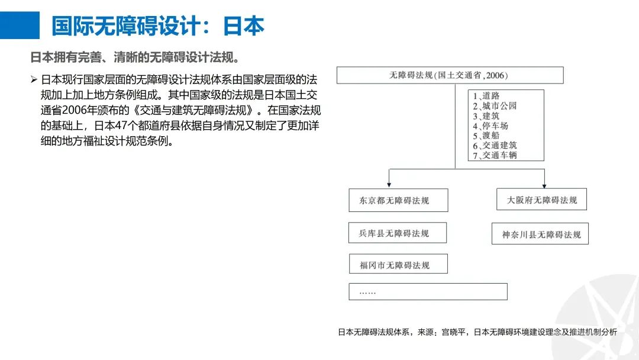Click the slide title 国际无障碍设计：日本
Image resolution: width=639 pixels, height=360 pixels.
[x=158, y=26]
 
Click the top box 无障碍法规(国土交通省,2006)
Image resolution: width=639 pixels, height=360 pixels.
[x=450, y=75]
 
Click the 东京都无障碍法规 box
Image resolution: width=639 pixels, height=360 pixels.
[x=398, y=201]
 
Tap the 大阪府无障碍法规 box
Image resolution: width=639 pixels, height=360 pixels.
[x=541, y=200]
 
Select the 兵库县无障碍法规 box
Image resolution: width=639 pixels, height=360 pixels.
[x=398, y=233]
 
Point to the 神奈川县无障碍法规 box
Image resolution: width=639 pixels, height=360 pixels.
[x=541, y=234]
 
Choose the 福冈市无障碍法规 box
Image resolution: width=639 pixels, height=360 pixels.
[x=398, y=265]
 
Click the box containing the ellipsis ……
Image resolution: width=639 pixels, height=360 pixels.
[x=428, y=292]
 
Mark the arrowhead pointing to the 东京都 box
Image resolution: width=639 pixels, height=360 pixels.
[x=389, y=185]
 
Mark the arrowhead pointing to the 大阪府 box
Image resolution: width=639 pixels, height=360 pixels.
[x=544, y=185]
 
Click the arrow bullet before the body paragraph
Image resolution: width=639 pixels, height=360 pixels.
[x=34, y=79]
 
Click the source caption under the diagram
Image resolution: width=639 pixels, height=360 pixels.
[x=477, y=333]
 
